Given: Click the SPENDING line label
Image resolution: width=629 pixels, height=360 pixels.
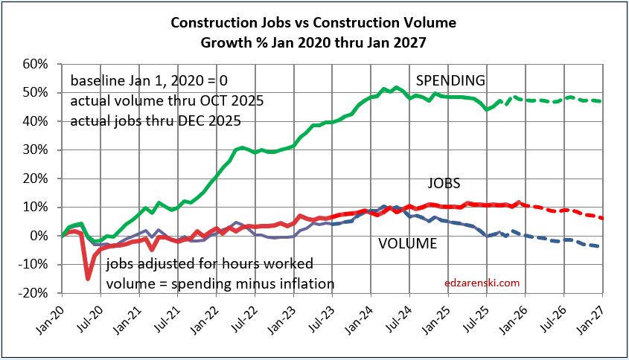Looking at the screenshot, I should click(450, 80).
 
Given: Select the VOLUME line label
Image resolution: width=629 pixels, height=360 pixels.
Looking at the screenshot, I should click(407, 242).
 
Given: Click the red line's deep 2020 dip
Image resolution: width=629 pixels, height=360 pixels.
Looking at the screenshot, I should click(88, 278).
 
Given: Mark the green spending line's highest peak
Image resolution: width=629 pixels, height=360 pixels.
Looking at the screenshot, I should click(395, 88).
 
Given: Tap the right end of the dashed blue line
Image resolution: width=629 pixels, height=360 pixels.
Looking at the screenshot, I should click(600, 246).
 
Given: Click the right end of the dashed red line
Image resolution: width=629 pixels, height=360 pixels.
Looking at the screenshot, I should click(600, 218).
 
